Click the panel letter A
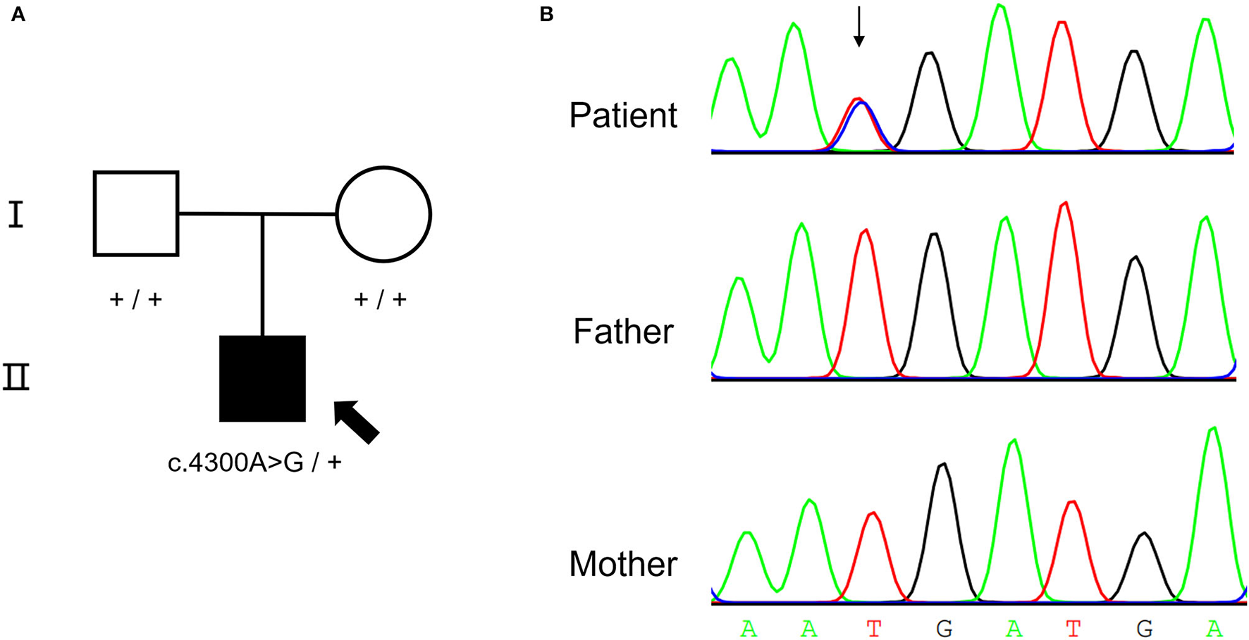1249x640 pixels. tap(18, 15)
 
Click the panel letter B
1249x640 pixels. tap(546, 15)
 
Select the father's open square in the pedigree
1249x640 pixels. tap(136, 213)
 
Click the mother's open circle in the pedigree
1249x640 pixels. tap(383, 214)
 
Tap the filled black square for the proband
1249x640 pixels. tap(262, 379)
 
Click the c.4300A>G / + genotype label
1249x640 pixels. tap(254, 463)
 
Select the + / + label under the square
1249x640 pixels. tap(136, 299)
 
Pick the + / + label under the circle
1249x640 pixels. tap(381, 299)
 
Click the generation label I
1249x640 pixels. tap(16, 214)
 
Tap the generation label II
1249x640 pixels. tap(16, 377)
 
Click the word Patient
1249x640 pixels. tap(623, 115)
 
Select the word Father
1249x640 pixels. tap(623, 332)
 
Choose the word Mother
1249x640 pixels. tap(623, 564)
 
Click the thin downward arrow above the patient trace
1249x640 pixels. tap(859, 27)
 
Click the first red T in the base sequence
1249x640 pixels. tap(874, 628)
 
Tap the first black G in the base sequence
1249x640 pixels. tap(944, 628)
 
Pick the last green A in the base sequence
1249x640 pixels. tap(1214, 628)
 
